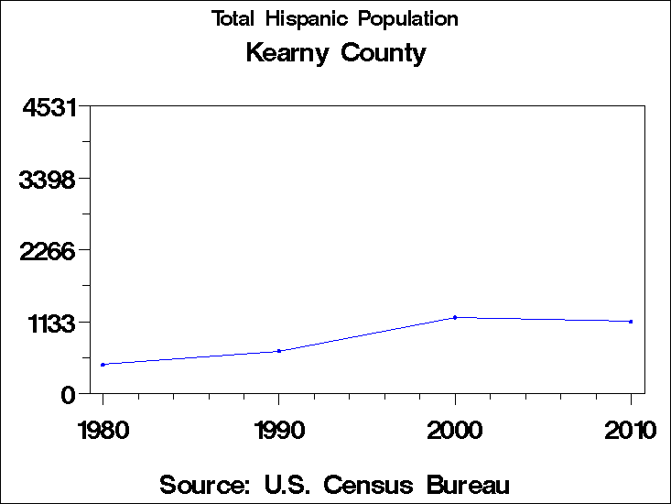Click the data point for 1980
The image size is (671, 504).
103,365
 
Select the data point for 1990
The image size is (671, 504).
279,351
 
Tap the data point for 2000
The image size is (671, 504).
455,318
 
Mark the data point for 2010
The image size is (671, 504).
631,322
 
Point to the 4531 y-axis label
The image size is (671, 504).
49,107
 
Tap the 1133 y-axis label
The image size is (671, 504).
49,323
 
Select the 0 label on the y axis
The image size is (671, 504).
68,394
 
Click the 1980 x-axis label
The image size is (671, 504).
103,431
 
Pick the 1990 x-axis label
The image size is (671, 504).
278,431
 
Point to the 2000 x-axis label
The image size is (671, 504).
455,431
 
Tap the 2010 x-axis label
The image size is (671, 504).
631,431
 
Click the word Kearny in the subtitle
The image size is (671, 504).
288,53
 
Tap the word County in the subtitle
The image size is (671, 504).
384,53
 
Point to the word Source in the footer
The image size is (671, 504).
204,484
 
